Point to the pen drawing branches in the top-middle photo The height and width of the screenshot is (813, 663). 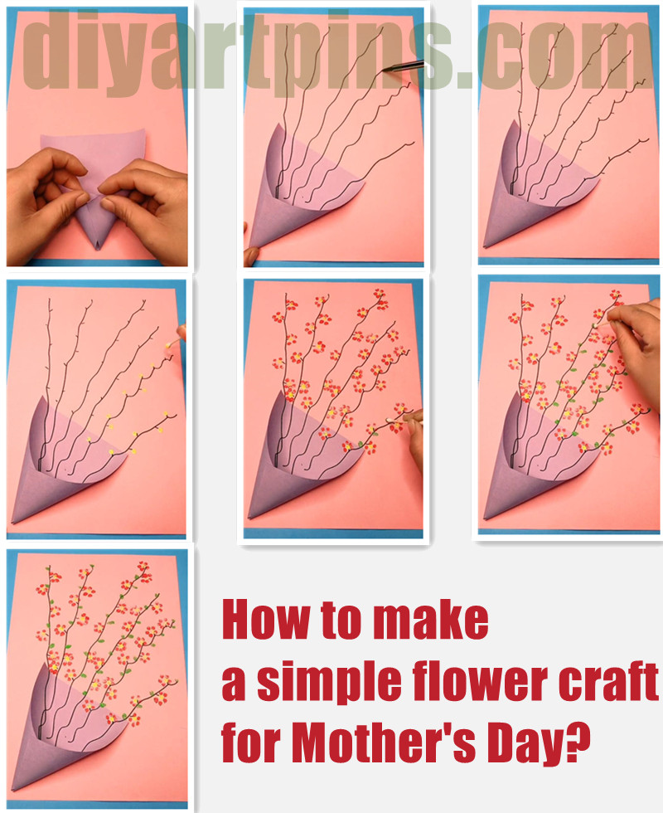406,66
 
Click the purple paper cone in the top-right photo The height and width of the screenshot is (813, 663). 518,195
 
